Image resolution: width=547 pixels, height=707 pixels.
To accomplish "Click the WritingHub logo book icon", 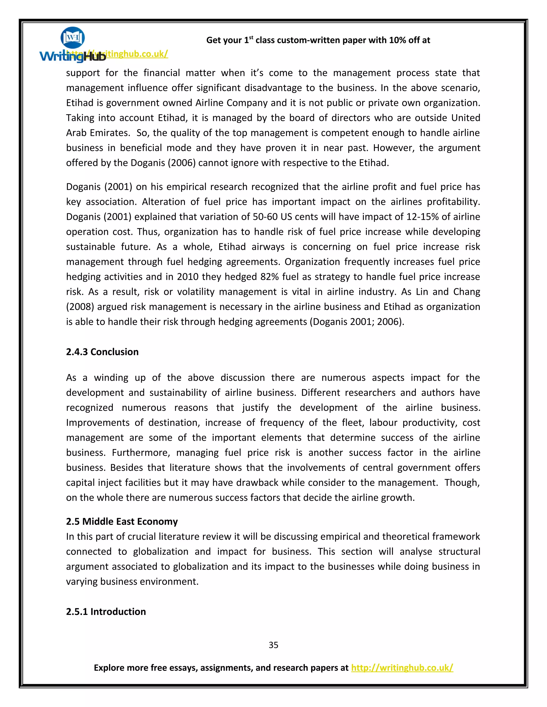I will click(x=73, y=38).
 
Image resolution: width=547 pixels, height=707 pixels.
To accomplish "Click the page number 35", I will click(x=273, y=645).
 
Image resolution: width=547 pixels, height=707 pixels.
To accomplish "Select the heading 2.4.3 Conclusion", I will click(x=102, y=352).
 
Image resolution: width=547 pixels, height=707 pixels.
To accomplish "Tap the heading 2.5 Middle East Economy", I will click(x=122, y=521).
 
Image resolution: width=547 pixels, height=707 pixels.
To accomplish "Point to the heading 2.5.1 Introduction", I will click(x=106, y=611).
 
